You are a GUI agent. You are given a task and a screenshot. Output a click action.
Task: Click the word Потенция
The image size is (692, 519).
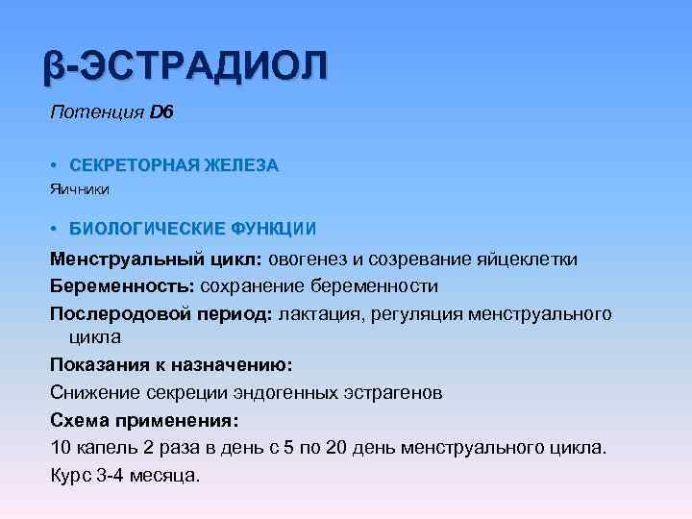[x=97, y=113]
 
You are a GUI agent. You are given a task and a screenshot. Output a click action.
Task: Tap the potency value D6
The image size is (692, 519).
[x=161, y=113]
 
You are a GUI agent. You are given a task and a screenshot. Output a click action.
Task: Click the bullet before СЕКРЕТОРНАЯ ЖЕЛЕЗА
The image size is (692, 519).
[x=55, y=165]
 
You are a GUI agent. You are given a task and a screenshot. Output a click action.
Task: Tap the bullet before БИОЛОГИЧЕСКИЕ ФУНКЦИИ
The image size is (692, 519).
[x=55, y=229]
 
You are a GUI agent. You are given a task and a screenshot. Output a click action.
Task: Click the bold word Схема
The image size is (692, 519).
[x=79, y=420]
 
